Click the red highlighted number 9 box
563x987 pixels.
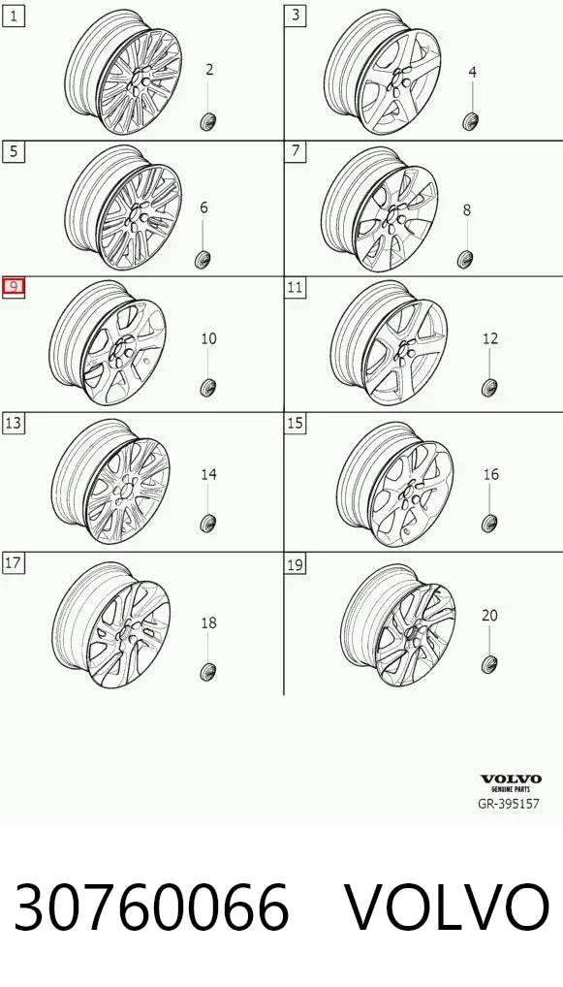14,288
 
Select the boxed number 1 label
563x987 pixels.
14,16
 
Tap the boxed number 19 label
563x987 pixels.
295,564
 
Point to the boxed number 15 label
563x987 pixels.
295,423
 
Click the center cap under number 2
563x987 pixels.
208,121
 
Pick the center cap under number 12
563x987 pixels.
490,387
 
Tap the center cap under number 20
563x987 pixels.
489,663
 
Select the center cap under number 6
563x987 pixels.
203,259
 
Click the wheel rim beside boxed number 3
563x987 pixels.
383,72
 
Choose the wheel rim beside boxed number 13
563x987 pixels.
110,482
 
